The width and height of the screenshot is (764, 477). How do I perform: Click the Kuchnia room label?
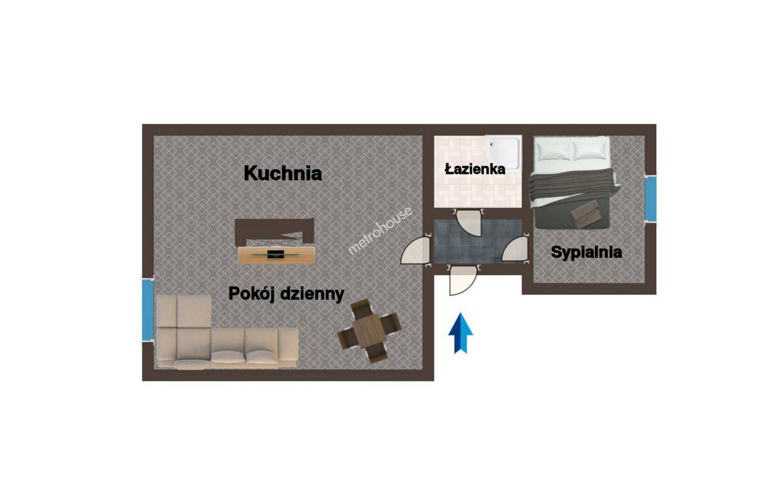click(x=283, y=173)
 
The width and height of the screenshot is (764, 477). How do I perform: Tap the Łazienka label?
click(x=475, y=169)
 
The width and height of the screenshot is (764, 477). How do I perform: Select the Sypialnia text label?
click(x=586, y=252)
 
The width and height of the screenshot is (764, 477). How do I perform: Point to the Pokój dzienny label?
click(x=286, y=294)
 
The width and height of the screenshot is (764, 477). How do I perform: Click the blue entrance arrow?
click(x=461, y=333)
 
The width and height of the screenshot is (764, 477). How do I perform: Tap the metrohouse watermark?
click(x=380, y=231)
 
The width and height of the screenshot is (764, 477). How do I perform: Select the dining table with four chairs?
click(x=370, y=330)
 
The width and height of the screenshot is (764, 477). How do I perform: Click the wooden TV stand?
click(x=276, y=255)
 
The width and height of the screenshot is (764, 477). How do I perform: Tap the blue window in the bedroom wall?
click(x=650, y=198)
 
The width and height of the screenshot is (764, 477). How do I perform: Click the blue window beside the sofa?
click(x=148, y=310)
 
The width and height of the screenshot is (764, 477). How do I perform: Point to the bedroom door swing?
click(x=516, y=249)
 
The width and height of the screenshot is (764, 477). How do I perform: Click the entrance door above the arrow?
click(x=462, y=280)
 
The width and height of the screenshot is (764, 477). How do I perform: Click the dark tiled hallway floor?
click(x=477, y=241)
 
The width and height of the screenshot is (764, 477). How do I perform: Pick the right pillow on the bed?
click(x=589, y=150)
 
